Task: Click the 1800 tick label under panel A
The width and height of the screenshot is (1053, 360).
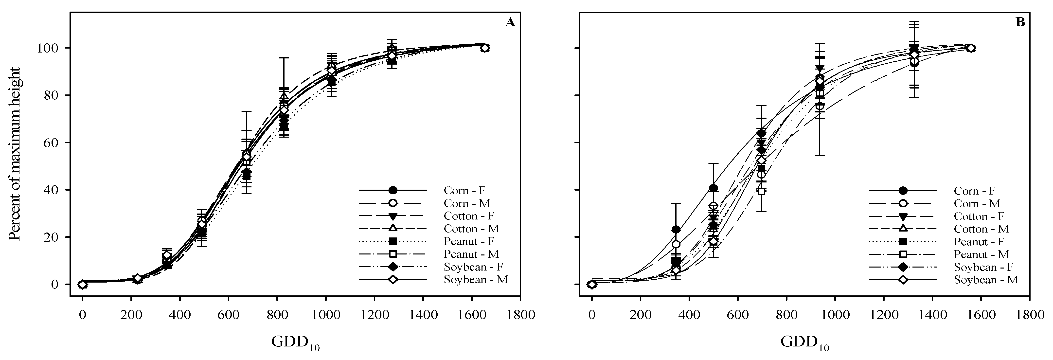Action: pyautogui.click(x=520, y=315)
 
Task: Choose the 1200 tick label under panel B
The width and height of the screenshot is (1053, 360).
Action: pyautogui.click(x=884, y=315)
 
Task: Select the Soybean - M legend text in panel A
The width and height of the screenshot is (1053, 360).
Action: pyautogui.click(x=476, y=280)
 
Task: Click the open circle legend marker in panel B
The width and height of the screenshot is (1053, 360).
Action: pyautogui.click(x=903, y=203)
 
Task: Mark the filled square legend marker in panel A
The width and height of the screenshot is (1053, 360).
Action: pyautogui.click(x=393, y=241)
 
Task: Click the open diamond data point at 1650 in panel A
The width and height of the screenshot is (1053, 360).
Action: pyautogui.click(x=485, y=48)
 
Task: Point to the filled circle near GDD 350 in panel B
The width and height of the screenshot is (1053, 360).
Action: pyautogui.click(x=676, y=230)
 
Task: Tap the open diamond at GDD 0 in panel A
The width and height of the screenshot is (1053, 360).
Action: pyautogui.click(x=83, y=284)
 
